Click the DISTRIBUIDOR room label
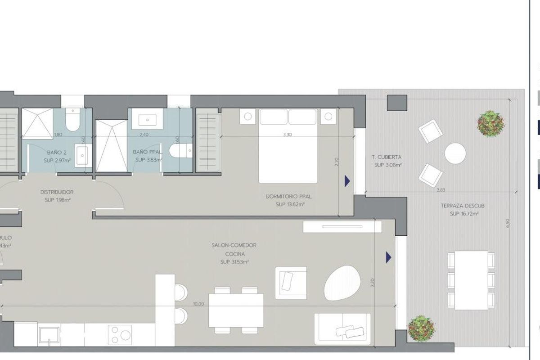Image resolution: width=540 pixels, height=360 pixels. coord(57,192)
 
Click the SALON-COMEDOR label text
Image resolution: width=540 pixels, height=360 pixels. coord(234,245)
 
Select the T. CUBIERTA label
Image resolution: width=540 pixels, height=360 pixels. coord(387,157)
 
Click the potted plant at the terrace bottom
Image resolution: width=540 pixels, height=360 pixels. coord(421,328)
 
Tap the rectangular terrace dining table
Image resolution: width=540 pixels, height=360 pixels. coord(471,280)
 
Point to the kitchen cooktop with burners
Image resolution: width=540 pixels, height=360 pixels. coord(120,335)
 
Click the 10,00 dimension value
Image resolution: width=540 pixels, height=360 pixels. coord(198,304)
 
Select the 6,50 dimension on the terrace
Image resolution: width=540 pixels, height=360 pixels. coord(508,224)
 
